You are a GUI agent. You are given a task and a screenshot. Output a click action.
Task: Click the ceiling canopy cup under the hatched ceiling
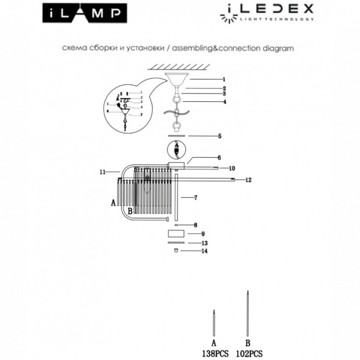tap(177, 80)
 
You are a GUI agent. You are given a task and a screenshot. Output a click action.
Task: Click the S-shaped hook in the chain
tap(176, 112)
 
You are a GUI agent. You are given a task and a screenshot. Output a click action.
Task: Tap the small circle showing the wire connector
tap(177, 151)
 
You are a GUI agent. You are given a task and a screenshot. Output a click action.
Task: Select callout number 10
tap(231, 168)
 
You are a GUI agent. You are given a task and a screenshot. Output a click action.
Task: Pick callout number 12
tap(248, 180)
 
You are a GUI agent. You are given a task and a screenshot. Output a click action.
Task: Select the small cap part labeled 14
tap(177, 251)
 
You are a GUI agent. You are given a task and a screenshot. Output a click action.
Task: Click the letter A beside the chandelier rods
tap(113, 202)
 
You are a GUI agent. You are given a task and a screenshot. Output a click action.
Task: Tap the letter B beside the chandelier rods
tap(129, 211)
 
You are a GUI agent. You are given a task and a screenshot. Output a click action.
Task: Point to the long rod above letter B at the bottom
tap(249, 313)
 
